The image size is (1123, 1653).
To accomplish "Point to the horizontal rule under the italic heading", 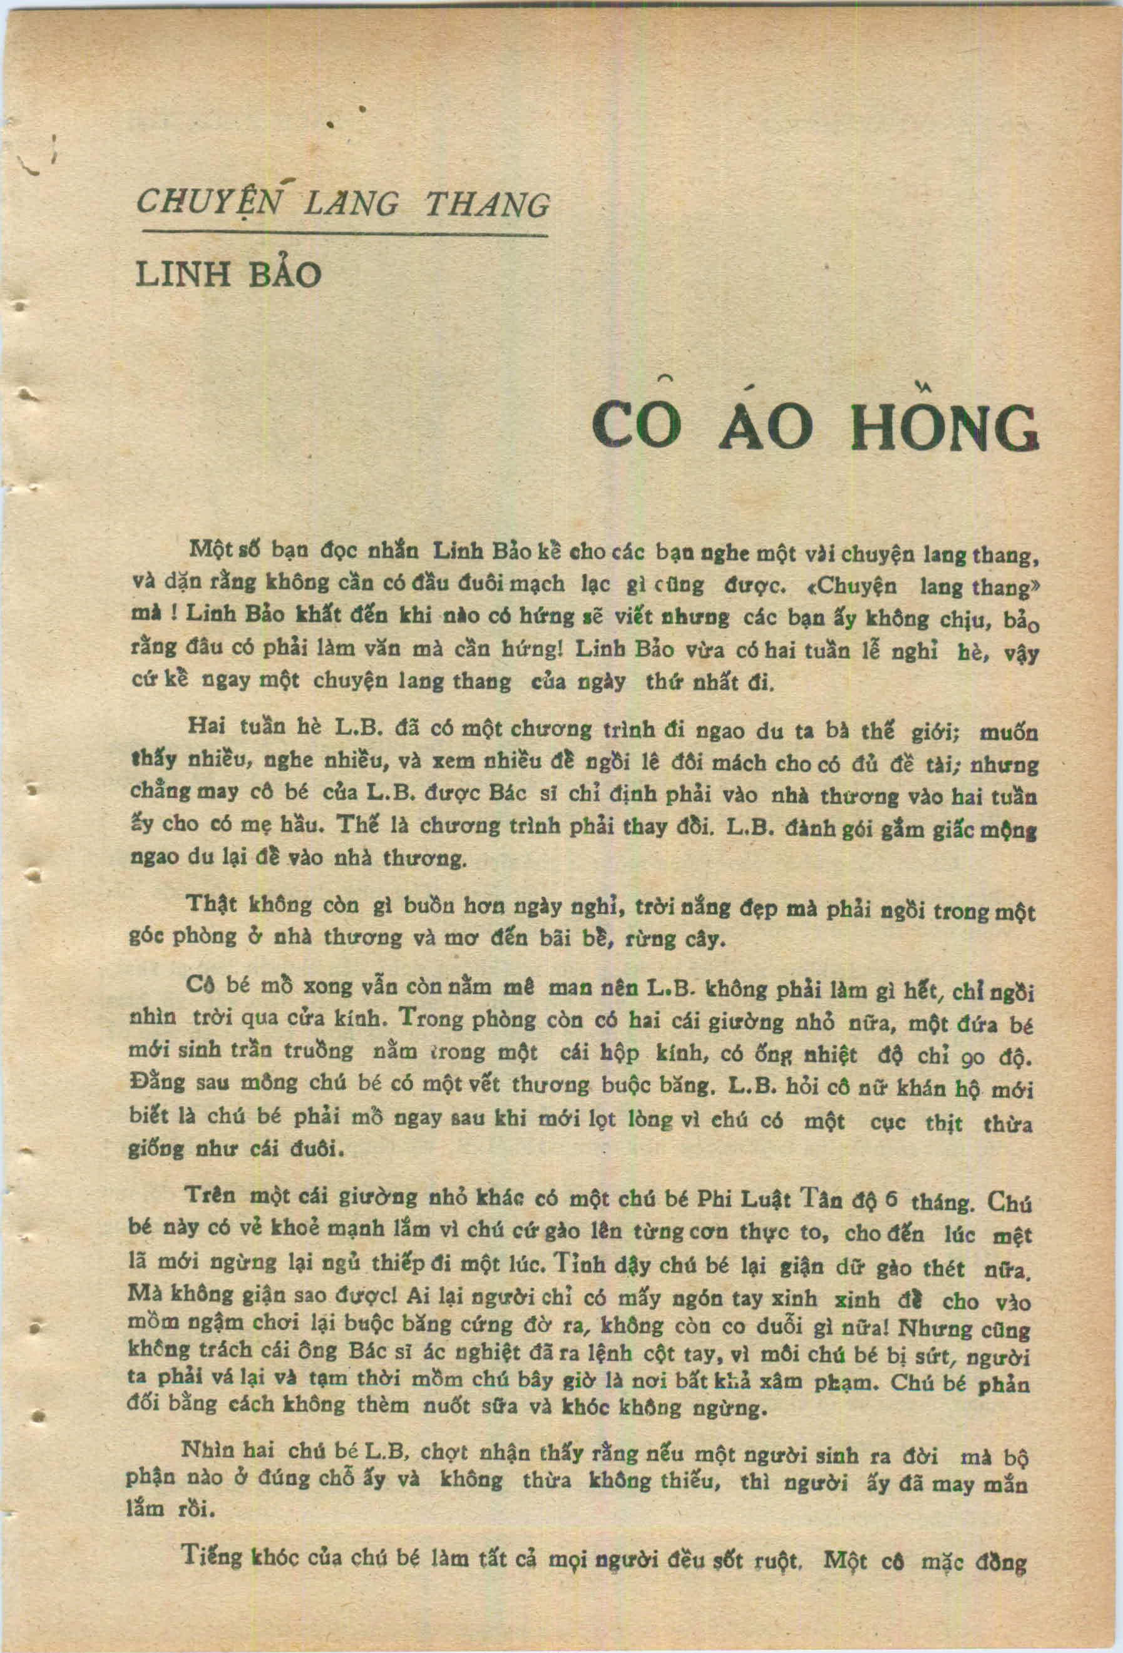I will (x=344, y=234).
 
